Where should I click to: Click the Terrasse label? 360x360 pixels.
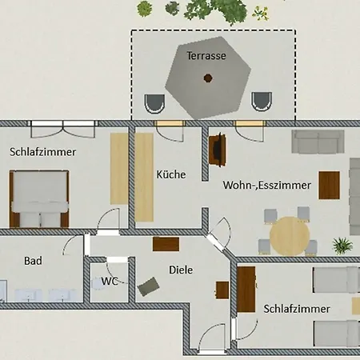[x=206, y=56]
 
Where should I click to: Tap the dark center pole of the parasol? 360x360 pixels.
[x=208, y=78]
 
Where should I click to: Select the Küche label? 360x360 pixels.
[x=171, y=174]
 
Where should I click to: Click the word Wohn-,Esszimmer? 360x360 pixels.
[x=267, y=185]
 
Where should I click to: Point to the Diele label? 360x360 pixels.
[x=181, y=270]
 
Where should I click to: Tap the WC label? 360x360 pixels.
[x=110, y=281]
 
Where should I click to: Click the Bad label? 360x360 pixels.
[x=33, y=261]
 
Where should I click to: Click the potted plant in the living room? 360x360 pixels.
[x=342, y=246]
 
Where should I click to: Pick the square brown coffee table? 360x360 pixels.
[x=330, y=186]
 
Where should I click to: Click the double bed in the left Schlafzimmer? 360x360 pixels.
[x=39, y=199]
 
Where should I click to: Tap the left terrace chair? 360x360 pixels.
[x=154, y=104]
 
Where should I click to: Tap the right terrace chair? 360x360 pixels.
[x=262, y=102]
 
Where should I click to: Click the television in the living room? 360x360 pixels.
[x=218, y=150]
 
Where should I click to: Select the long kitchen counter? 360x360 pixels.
[x=144, y=178]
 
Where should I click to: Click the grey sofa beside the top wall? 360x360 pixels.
[x=318, y=142]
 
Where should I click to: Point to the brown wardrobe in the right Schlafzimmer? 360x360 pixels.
[x=246, y=290]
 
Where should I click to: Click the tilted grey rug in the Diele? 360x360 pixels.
[x=149, y=286]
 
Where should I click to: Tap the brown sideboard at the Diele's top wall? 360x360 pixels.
[x=166, y=244]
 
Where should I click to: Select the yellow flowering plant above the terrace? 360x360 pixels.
[x=260, y=13]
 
